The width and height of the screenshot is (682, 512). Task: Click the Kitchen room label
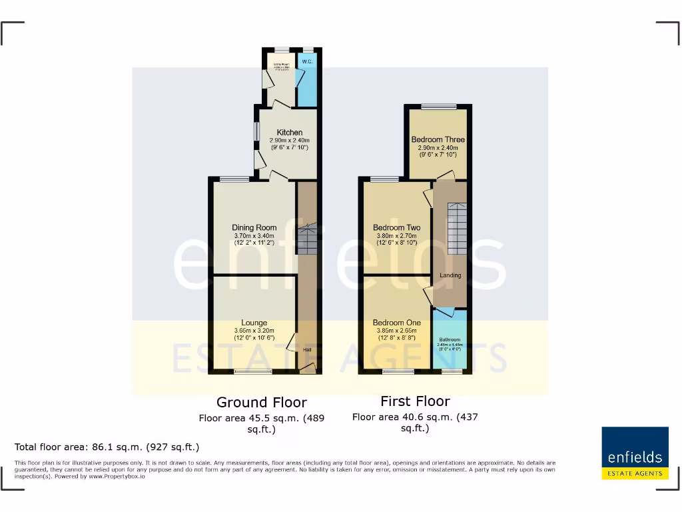[290, 133]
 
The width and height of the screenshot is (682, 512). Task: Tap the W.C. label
[307, 62]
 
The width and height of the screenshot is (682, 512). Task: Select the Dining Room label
[254, 227]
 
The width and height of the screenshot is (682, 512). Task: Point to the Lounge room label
[254, 323]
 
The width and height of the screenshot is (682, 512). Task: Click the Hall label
[307, 349]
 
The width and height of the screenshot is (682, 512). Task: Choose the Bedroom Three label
[438, 139]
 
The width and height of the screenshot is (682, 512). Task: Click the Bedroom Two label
[396, 227]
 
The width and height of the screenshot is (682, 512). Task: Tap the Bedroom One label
[396, 323]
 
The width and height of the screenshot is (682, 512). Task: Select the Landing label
[450, 275]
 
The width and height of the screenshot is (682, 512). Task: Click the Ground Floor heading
[262, 403]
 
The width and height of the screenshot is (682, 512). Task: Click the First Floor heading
[415, 401]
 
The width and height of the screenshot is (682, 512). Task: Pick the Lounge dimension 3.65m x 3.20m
[254, 331]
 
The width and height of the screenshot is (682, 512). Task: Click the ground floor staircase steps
[307, 239]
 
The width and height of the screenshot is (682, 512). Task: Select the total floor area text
[107, 447]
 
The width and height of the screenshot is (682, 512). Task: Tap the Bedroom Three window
[438, 107]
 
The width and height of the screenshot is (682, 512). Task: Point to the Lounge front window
[253, 371]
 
